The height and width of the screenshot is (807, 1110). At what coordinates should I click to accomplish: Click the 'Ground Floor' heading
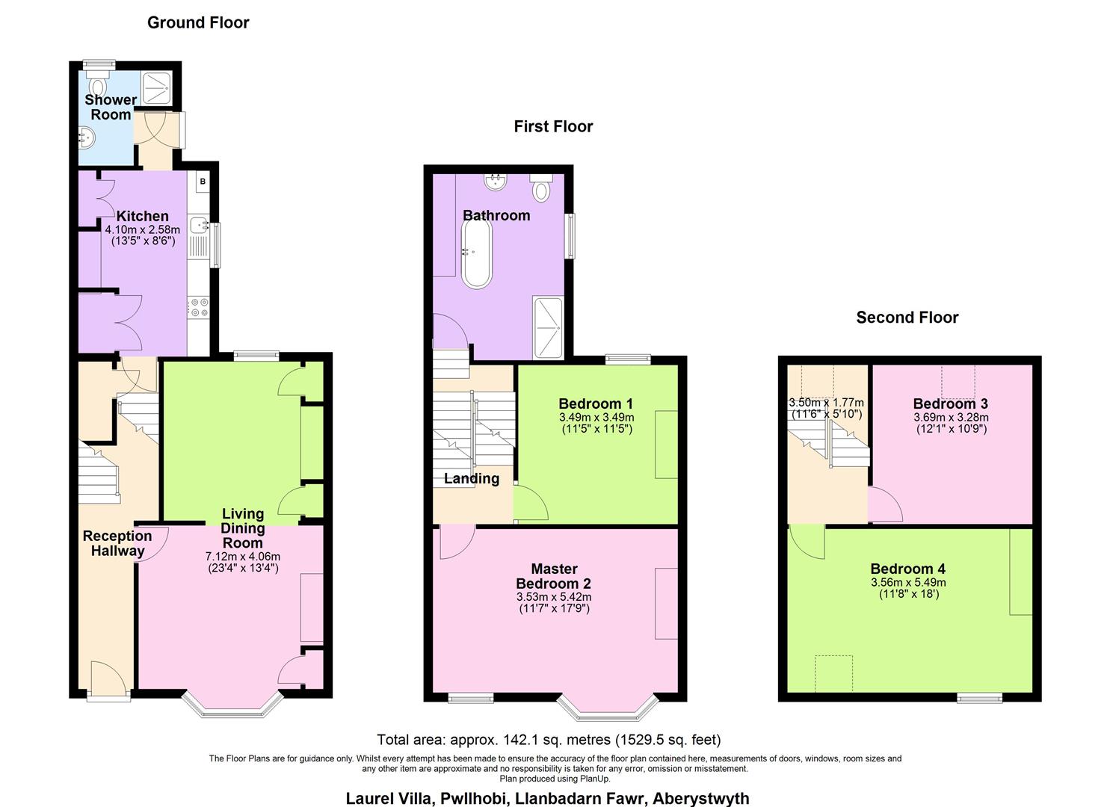[x=198, y=22]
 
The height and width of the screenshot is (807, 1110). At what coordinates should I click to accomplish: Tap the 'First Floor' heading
[x=553, y=126]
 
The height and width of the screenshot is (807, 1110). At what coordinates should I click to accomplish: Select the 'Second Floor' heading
[x=907, y=318]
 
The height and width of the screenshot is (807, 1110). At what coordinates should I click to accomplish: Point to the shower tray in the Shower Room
[x=158, y=87]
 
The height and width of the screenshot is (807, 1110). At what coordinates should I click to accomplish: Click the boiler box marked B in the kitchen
[x=203, y=182]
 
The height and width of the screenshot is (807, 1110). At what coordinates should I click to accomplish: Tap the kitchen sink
[x=200, y=224]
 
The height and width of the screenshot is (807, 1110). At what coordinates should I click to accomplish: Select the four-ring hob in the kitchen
[x=200, y=307]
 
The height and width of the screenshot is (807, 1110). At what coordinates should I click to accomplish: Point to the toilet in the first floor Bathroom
[x=541, y=187]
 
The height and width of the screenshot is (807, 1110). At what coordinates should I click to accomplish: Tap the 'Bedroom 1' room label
[x=596, y=404]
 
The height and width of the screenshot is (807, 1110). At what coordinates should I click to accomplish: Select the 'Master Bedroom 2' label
[x=554, y=576]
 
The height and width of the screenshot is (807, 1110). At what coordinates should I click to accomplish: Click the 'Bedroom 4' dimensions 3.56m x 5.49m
[x=908, y=583]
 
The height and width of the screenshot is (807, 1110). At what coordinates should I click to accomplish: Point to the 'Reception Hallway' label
[x=117, y=543]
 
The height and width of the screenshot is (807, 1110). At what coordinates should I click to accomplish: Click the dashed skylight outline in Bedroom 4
[x=833, y=673]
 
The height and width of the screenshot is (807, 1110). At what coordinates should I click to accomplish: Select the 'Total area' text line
[x=549, y=740]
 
